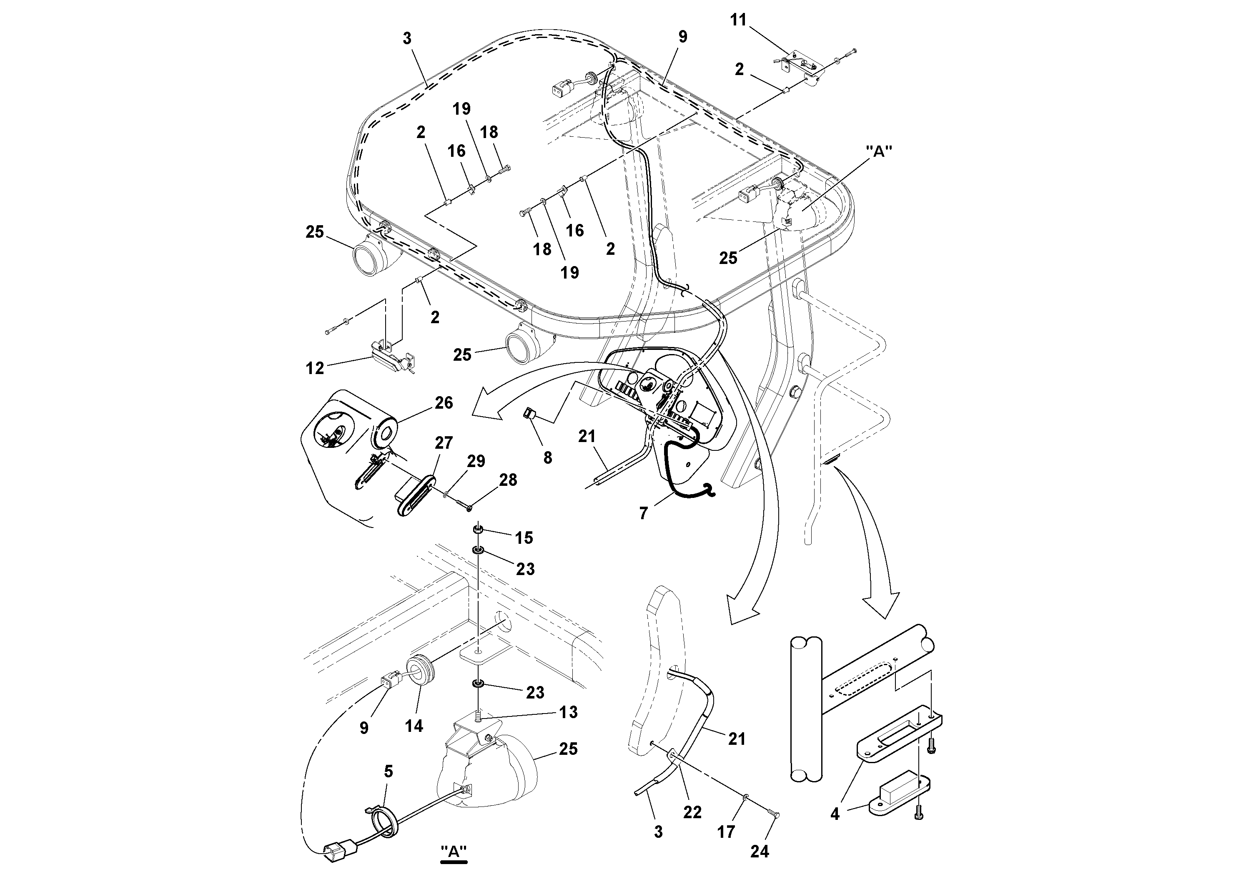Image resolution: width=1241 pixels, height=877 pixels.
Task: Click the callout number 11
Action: tap(738, 20)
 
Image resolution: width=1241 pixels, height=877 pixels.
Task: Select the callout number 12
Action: tap(315, 369)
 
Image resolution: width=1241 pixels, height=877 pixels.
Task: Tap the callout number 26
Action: tap(444, 403)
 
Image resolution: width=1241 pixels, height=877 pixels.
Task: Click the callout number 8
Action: tap(547, 458)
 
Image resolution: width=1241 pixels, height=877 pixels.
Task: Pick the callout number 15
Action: tap(524, 538)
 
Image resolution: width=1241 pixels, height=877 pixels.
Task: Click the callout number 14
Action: tap(414, 726)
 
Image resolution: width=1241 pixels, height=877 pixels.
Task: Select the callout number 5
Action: tap(389, 772)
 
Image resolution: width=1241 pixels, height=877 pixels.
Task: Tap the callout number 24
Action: tap(760, 852)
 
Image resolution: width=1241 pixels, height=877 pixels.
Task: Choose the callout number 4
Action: tap(835, 829)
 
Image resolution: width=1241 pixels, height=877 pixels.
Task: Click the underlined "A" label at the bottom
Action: tap(454, 851)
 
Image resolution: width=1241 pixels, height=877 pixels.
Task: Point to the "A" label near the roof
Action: tap(879, 151)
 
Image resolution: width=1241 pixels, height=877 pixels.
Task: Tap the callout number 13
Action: tap(568, 712)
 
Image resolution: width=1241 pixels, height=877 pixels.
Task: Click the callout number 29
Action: tap(476, 461)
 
